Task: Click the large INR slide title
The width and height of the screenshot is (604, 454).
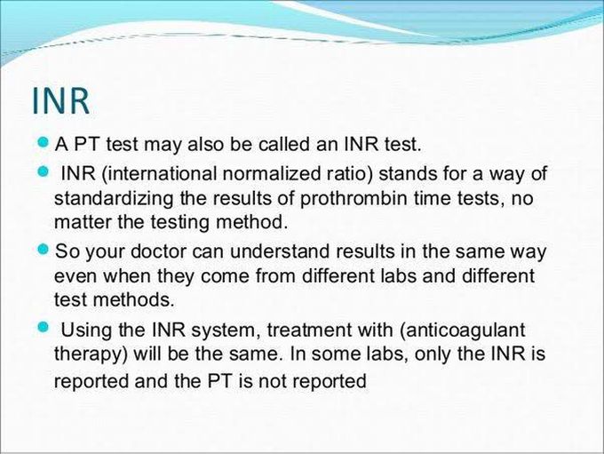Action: (x=61, y=101)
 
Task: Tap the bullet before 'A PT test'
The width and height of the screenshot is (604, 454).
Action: (x=44, y=142)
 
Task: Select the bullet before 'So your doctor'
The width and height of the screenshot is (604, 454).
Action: (x=44, y=249)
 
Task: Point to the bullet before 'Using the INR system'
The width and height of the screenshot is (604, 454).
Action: (x=44, y=328)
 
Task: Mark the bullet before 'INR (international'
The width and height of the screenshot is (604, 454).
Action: (x=44, y=171)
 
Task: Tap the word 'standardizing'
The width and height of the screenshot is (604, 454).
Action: (x=114, y=199)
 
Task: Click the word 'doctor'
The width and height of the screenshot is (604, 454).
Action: (x=159, y=251)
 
